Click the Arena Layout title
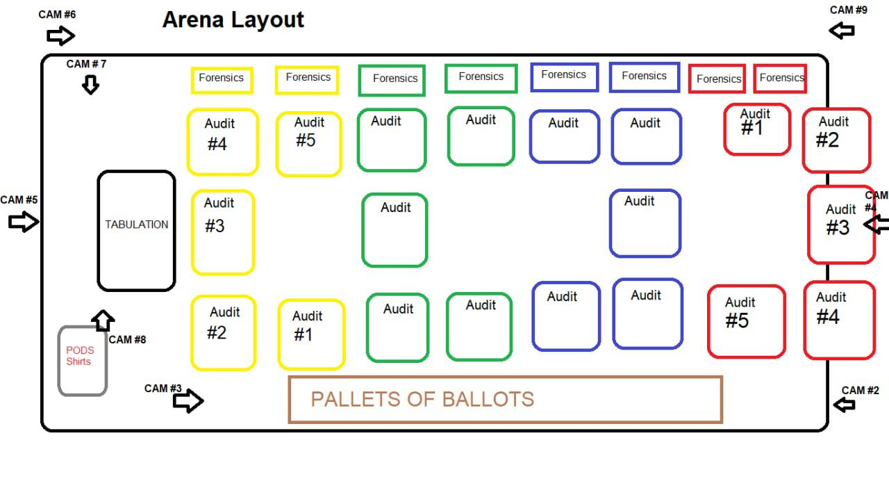click(x=233, y=20)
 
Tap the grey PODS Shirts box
click(x=59, y=361)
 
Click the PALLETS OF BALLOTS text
click(x=422, y=399)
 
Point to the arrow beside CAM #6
click(x=60, y=35)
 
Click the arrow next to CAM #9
click(x=841, y=31)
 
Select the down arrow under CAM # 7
click(x=90, y=85)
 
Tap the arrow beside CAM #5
click(x=24, y=221)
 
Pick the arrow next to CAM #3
click(x=188, y=400)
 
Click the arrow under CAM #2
click(x=844, y=405)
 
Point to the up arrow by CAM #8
click(x=103, y=320)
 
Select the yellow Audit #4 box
click(x=188, y=142)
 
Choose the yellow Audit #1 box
click(x=279, y=335)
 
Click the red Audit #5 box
click(x=708, y=321)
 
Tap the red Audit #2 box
click(x=804, y=140)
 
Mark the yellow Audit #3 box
click(x=192, y=232)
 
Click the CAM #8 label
click(x=127, y=340)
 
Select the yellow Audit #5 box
click(x=277, y=144)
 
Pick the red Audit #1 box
click(x=724, y=129)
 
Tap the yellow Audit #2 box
click(x=192, y=333)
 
